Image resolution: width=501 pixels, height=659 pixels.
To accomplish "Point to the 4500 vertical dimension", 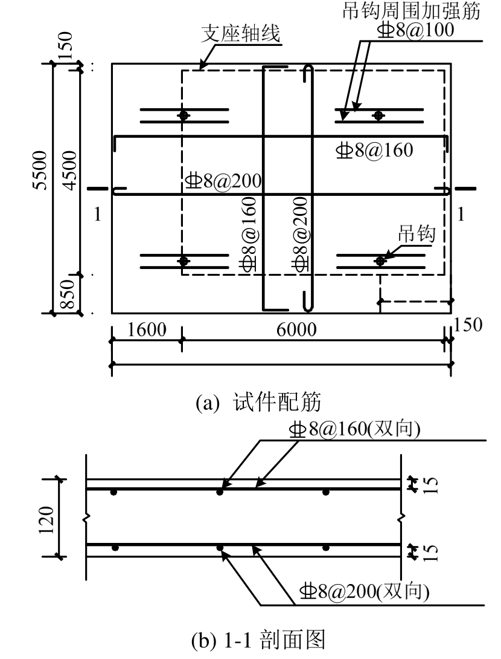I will tap(69, 170).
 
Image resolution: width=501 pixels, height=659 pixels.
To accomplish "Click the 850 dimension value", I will tap(69, 294).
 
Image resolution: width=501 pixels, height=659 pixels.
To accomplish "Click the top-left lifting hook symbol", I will tap(184, 115).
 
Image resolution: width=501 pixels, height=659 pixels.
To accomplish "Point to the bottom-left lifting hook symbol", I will tap(184, 261).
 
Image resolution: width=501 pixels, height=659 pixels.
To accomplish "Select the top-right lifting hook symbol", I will tap(379, 115).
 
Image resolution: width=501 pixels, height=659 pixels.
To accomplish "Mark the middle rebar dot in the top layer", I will tap(220, 492).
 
